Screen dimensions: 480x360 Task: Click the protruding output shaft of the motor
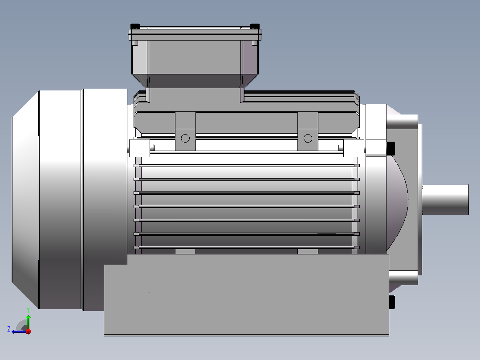click(445, 200)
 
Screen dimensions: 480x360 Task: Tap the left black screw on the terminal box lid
click(135, 26)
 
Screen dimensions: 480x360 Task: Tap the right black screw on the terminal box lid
click(254, 26)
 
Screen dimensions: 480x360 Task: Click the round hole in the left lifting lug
click(185, 139)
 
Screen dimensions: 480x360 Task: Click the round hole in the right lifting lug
click(308, 139)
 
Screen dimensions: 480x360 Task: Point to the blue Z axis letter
click(9, 329)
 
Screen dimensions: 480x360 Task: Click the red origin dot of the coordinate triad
click(28, 331)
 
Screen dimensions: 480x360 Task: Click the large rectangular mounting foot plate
click(246, 295)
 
